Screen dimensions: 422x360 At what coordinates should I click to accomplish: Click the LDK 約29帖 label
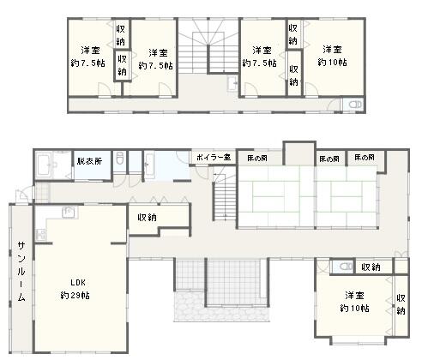point(75,289)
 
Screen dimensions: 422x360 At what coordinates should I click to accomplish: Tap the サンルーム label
point(21,272)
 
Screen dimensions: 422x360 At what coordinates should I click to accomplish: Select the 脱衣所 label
point(89,161)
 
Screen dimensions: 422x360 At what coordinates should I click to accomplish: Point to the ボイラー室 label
point(214,157)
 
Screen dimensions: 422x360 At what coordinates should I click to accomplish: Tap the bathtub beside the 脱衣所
point(44,165)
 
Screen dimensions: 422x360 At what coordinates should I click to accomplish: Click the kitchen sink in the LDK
point(69,212)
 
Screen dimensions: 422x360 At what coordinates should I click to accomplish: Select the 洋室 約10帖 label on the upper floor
point(332,56)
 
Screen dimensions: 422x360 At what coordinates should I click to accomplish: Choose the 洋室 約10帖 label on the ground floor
point(354,302)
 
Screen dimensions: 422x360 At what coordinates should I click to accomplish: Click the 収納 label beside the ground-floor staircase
point(147,218)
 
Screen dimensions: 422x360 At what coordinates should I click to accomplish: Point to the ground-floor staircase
point(225,197)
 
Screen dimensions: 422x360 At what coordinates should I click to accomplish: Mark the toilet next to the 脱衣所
point(120,159)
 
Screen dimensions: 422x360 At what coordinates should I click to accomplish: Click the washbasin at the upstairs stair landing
point(232,84)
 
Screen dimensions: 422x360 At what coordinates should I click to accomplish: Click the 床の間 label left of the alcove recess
point(257,158)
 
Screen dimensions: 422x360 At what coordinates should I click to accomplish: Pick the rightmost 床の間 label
point(365,158)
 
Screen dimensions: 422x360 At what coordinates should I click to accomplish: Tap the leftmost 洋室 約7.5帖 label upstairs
point(88,57)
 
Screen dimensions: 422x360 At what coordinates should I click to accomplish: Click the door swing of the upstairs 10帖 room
point(311,88)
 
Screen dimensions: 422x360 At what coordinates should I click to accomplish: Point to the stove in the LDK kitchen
point(41,235)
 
